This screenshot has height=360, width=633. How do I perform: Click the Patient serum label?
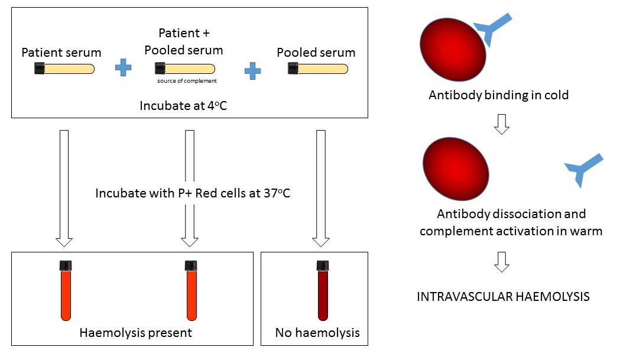[61, 53]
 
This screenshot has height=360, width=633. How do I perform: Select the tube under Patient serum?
[64, 69]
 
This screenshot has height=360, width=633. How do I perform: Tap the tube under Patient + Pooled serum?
[184, 69]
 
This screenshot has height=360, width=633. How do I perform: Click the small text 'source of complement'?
[187, 81]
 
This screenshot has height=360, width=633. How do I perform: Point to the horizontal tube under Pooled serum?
[318, 69]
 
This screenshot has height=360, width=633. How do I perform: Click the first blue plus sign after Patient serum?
[124, 68]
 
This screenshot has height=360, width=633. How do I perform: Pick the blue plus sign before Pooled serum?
[253, 72]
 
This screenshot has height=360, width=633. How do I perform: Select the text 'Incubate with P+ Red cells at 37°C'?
[193, 193]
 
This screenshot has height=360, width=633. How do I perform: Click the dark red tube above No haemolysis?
[322, 290]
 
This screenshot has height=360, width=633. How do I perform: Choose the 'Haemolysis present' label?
[135, 333]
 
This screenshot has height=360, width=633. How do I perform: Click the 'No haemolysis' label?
[317, 333]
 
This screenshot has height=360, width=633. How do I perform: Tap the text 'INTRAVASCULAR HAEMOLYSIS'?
[503, 297]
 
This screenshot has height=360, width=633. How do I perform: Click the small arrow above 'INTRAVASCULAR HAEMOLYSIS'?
[501, 262]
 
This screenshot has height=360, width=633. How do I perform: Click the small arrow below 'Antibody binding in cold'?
[501, 124]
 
